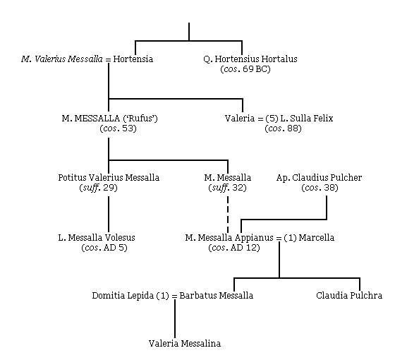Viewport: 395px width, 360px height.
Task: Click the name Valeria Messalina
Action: (185, 343)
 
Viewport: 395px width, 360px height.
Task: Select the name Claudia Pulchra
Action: (349, 295)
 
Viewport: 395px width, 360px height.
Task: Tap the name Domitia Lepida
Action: (123, 296)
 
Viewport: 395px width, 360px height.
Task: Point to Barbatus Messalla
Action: (216, 295)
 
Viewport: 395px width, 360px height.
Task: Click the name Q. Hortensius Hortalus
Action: (250, 59)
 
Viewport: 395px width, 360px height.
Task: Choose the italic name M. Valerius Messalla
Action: (62, 59)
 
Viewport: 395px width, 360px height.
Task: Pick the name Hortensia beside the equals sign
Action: (133, 59)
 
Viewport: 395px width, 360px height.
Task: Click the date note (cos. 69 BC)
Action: (245, 69)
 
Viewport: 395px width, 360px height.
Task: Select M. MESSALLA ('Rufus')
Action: (110, 119)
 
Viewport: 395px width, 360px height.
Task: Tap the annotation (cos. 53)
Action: (118, 128)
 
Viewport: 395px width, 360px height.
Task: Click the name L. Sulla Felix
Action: (307, 119)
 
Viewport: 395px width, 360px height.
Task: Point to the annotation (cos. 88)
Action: (283, 128)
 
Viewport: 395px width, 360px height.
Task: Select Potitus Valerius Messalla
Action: (109, 177)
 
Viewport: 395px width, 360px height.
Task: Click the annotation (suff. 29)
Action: (99, 188)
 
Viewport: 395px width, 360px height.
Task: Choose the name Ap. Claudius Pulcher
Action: (319, 177)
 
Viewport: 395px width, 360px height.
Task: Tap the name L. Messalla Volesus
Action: (97, 237)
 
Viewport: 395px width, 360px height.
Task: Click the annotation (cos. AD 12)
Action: (234, 248)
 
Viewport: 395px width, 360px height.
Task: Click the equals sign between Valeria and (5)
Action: (260, 119)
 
